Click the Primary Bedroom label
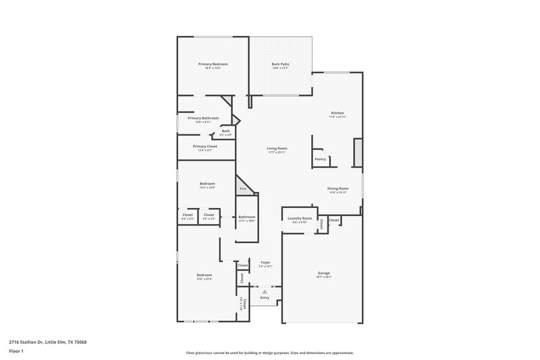(208, 64)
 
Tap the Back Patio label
(280, 64)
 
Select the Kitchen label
(337, 113)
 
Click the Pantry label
(320, 159)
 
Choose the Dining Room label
(337, 188)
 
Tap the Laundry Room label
(299, 218)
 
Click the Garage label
(324, 273)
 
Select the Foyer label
(265, 262)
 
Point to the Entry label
(265, 298)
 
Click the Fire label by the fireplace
(243, 188)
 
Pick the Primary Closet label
(205, 146)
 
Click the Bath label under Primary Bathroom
(225, 131)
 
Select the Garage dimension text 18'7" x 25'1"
(324, 277)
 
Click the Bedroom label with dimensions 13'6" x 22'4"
(205, 275)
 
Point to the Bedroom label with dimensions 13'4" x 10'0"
(207, 184)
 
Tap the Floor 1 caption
(17, 352)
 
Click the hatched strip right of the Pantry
(358, 153)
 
